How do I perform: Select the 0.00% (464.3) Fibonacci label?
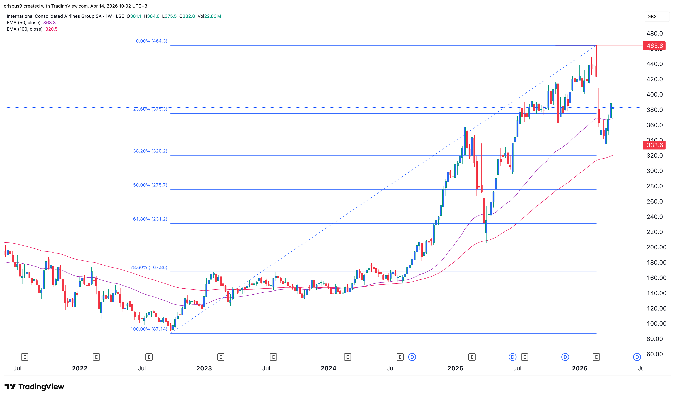pyautogui.click(x=151, y=41)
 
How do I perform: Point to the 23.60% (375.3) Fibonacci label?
pyautogui.click(x=150, y=109)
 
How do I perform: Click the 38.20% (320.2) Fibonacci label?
pyautogui.click(x=150, y=151)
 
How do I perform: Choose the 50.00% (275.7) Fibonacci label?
pyautogui.click(x=150, y=185)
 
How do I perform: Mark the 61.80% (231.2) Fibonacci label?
pyautogui.click(x=150, y=219)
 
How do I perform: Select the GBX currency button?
pyautogui.click(x=652, y=17)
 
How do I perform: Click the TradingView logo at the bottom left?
pyautogui.click(x=34, y=387)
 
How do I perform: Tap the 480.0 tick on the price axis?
pyautogui.click(x=654, y=33)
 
